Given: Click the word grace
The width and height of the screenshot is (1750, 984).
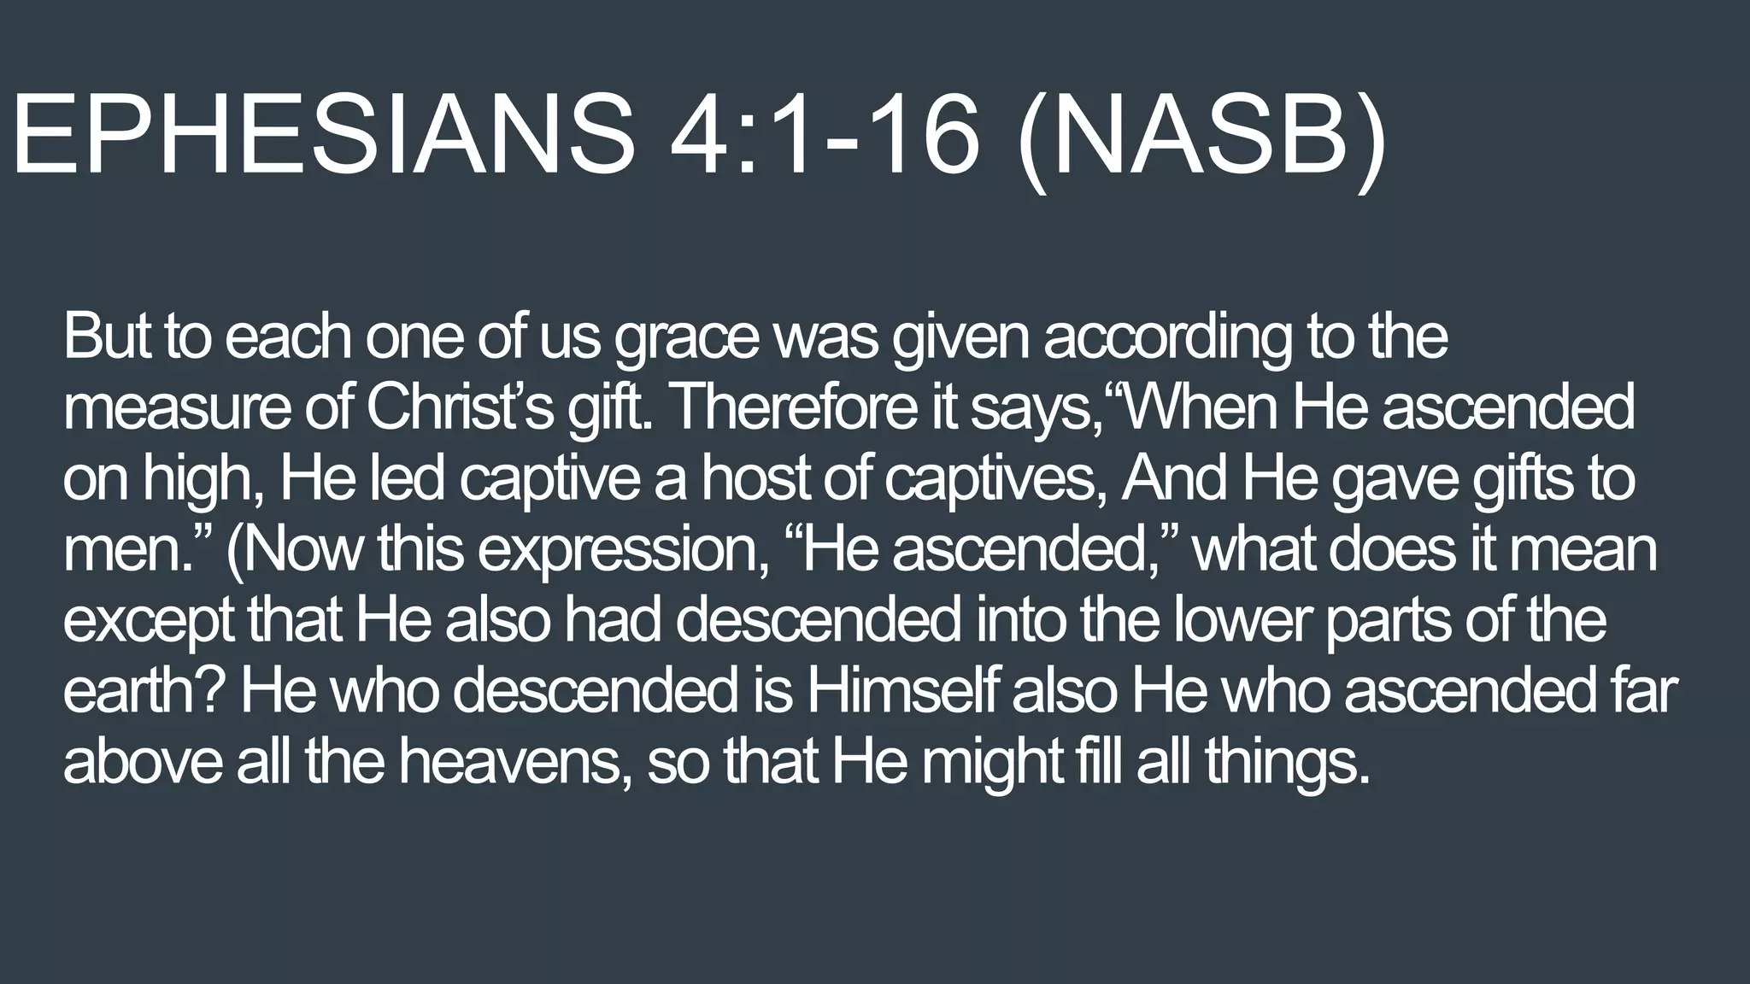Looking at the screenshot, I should (x=686, y=338).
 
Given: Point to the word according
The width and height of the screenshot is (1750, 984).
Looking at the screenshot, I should (x=1166, y=338).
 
